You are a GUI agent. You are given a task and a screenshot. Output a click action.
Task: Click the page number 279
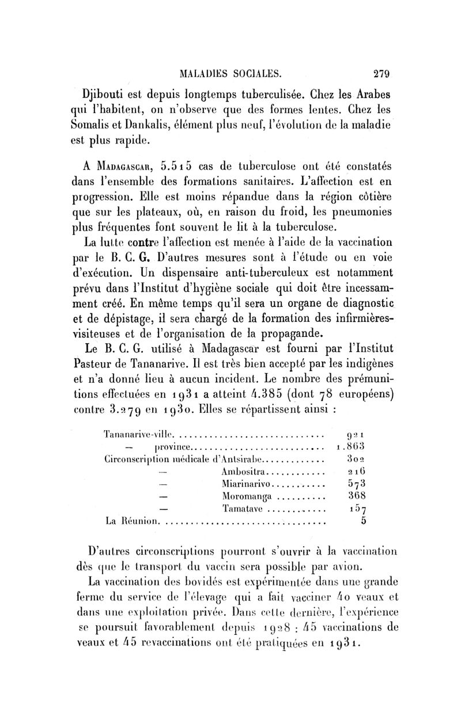[x=382, y=73]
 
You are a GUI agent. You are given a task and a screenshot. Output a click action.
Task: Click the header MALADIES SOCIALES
[x=238, y=73]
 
